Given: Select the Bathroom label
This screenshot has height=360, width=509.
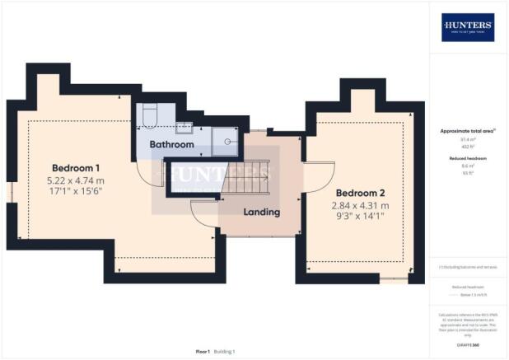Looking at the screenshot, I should click(x=171, y=144).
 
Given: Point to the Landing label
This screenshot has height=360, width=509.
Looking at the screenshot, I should click(x=262, y=212).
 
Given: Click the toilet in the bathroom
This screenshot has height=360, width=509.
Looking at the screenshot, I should click(x=146, y=117).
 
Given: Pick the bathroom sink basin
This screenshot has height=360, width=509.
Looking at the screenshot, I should click(x=184, y=127).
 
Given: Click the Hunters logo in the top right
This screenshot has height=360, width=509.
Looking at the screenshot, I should click(x=468, y=27).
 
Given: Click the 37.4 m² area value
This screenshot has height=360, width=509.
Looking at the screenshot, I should click(x=467, y=139).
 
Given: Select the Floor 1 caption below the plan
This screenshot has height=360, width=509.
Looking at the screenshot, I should click(x=202, y=352).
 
